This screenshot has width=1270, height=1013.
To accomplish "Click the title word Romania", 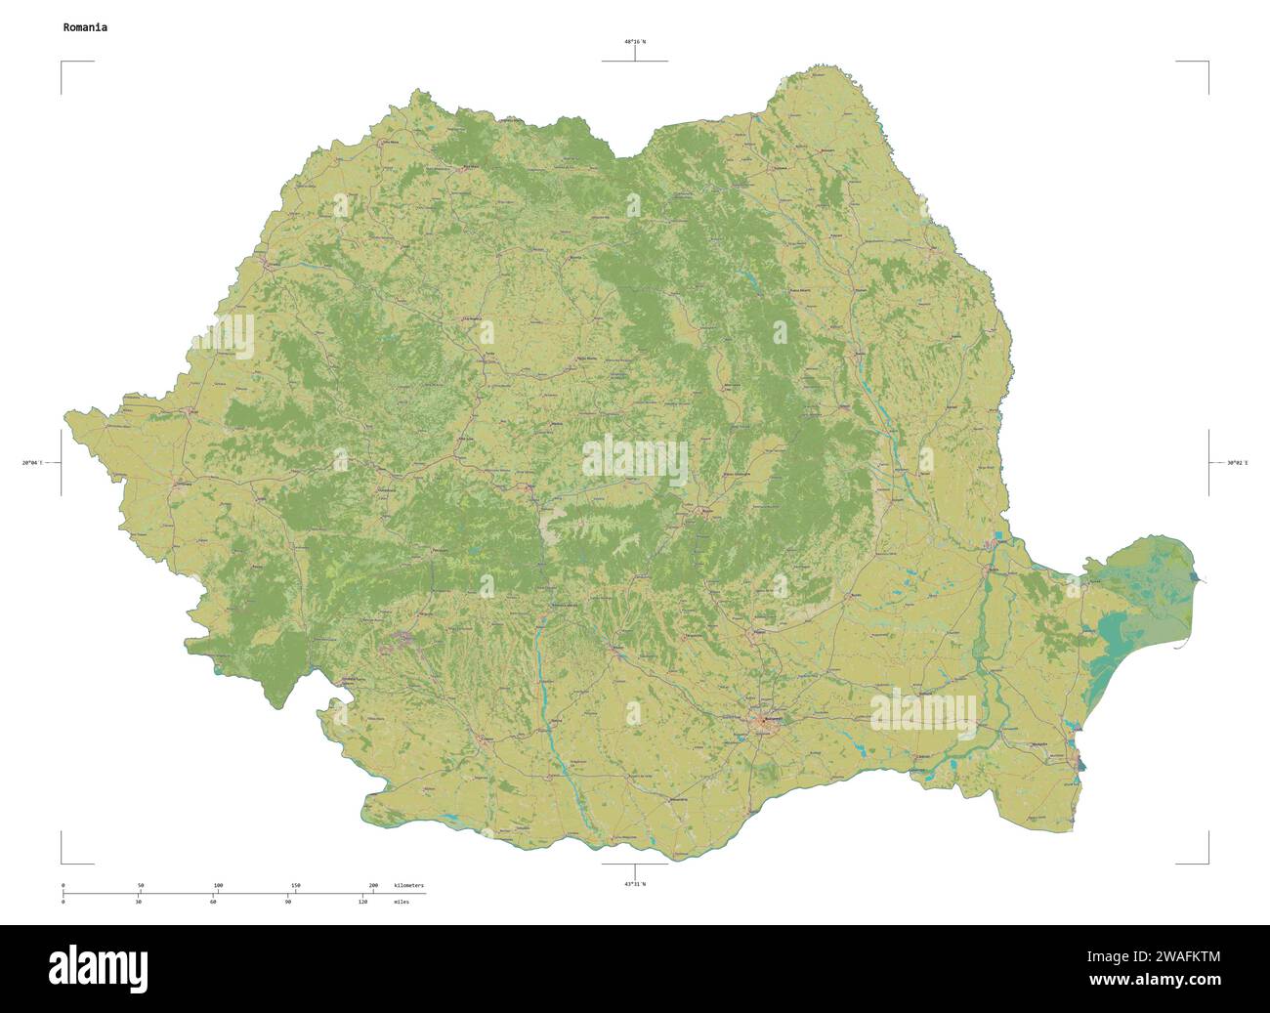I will [85, 27].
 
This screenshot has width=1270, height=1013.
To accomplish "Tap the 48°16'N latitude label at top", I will [635, 42].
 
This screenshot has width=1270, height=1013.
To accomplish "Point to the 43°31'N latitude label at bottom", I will [635, 884].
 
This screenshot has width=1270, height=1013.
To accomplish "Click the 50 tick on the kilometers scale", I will [141, 885].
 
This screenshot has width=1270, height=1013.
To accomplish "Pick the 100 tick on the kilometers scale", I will [218, 885].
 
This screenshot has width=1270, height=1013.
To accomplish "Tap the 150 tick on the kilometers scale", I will [296, 885].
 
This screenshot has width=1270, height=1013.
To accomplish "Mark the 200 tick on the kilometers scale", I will [373, 885].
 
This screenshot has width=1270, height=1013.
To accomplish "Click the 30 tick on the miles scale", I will [139, 902].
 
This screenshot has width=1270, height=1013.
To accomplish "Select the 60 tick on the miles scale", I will [213, 902].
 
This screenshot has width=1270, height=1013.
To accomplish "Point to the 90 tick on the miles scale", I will [288, 902].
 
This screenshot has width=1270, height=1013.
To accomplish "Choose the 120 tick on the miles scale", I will [362, 902].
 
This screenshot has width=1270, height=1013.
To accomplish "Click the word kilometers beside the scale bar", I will [408, 885].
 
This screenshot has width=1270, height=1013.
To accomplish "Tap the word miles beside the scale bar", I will [402, 902].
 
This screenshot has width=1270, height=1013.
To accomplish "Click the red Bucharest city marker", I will [764, 723].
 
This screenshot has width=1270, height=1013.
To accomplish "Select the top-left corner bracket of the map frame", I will [63, 63].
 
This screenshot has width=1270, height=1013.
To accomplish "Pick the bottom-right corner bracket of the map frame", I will [1207, 863].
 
